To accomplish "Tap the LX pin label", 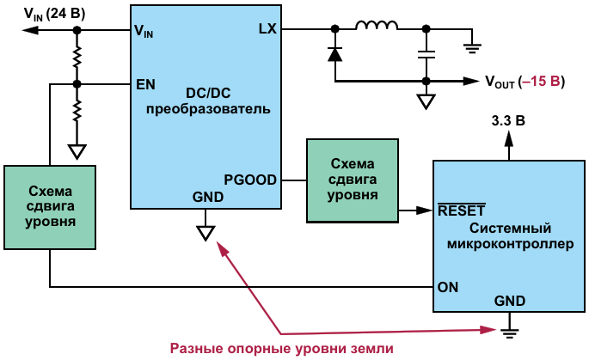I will [x=267, y=29].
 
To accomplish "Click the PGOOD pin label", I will [x=250, y=180].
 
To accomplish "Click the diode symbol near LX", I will [x=334, y=54].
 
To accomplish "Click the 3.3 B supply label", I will [x=507, y=121].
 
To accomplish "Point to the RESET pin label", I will [x=462, y=210].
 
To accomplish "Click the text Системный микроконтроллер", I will [x=511, y=235].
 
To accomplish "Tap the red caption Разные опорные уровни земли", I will [x=282, y=348].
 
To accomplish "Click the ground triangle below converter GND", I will [x=206, y=232].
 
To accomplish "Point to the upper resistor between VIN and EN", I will [x=77, y=57].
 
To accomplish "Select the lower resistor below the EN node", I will [x=77, y=110].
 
